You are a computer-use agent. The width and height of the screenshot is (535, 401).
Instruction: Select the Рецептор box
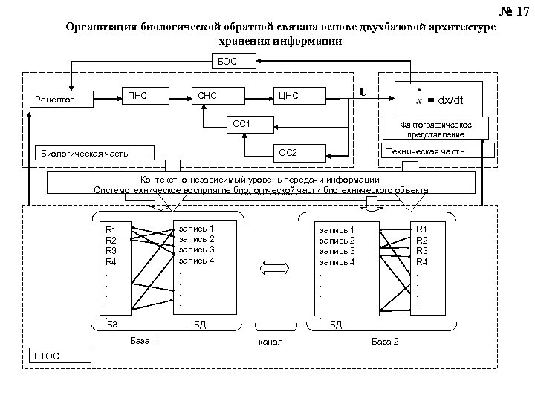tap(59, 98)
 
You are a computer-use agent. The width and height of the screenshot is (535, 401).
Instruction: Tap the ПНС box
tap(138, 94)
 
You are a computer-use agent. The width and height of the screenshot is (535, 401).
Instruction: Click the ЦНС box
tap(288, 94)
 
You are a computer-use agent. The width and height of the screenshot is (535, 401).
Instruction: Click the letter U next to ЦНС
tap(362, 92)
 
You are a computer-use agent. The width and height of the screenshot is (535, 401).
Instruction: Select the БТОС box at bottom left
tap(62, 356)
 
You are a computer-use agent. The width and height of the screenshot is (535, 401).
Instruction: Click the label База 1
tap(143, 341)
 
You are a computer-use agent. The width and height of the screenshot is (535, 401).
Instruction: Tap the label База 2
tap(385, 341)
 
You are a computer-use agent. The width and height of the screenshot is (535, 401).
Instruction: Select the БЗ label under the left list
tap(113, 325)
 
